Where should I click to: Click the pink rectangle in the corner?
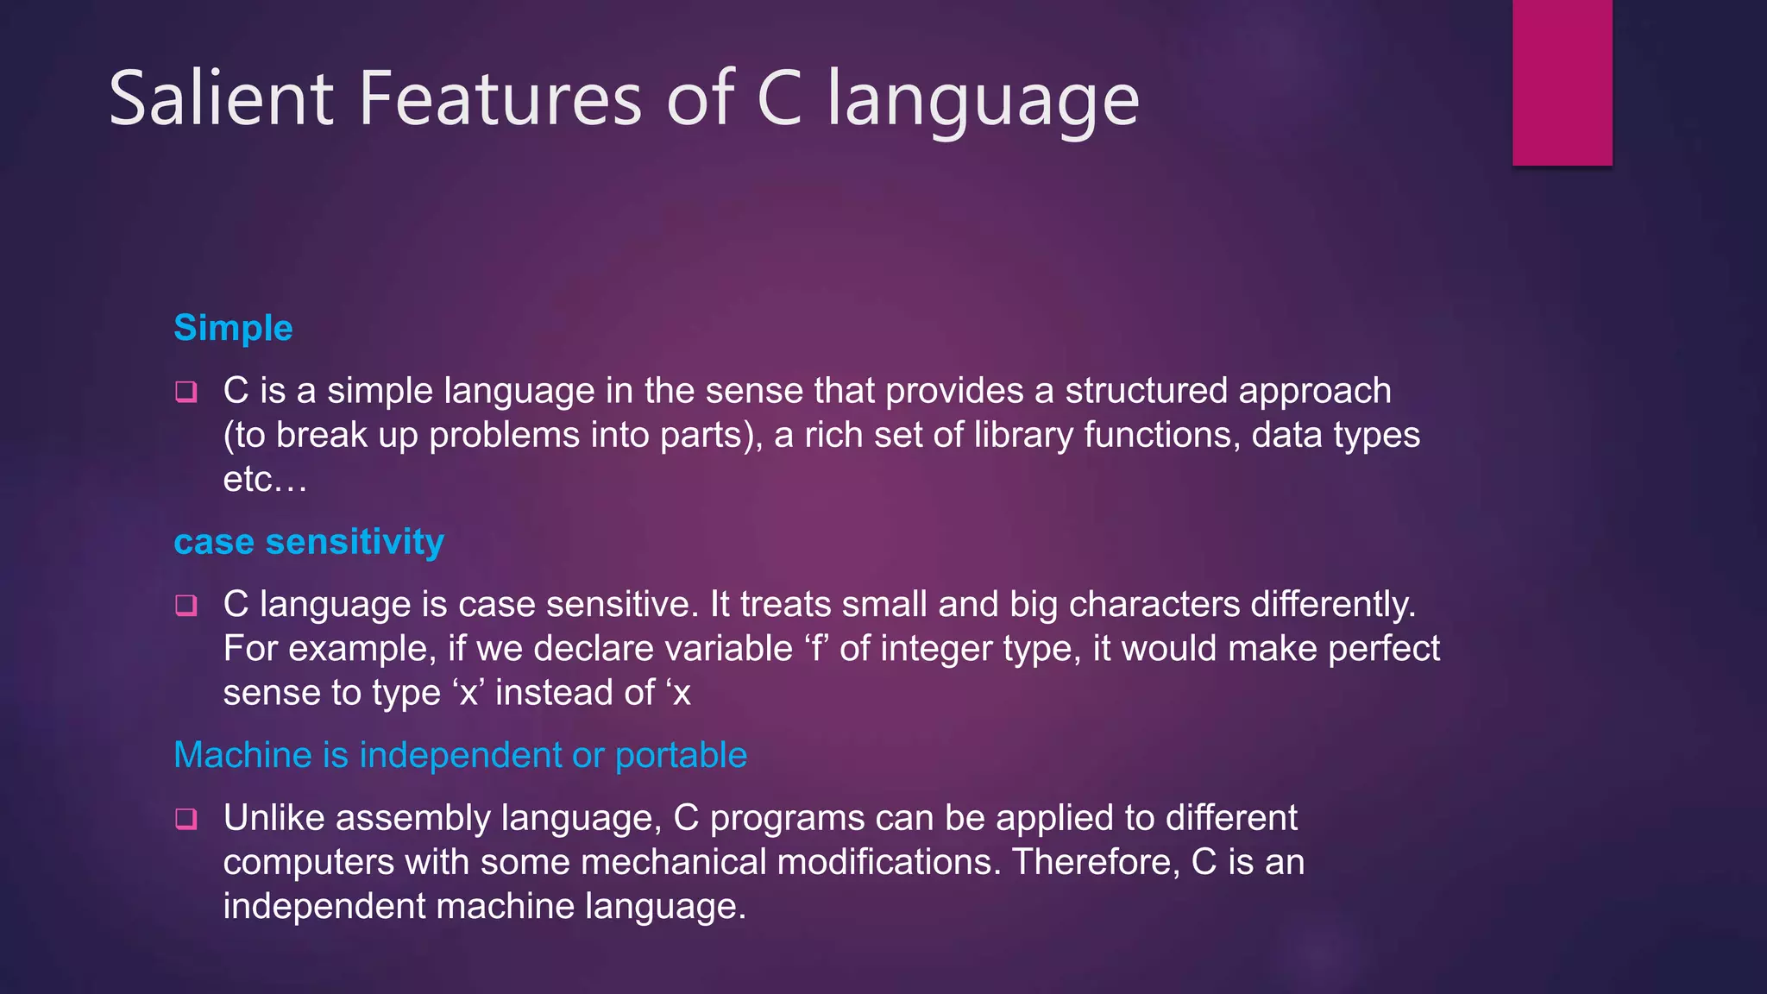click(1562, 82)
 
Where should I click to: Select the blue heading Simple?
click(233, 328)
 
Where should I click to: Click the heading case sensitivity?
click(309, 542)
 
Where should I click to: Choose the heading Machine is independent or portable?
click(460, 755)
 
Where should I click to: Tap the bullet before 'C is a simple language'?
click(186, 393)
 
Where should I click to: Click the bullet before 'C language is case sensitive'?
click(186, 606)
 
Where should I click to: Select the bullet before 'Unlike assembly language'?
click(186, 819)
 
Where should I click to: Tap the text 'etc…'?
click(265, 480)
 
